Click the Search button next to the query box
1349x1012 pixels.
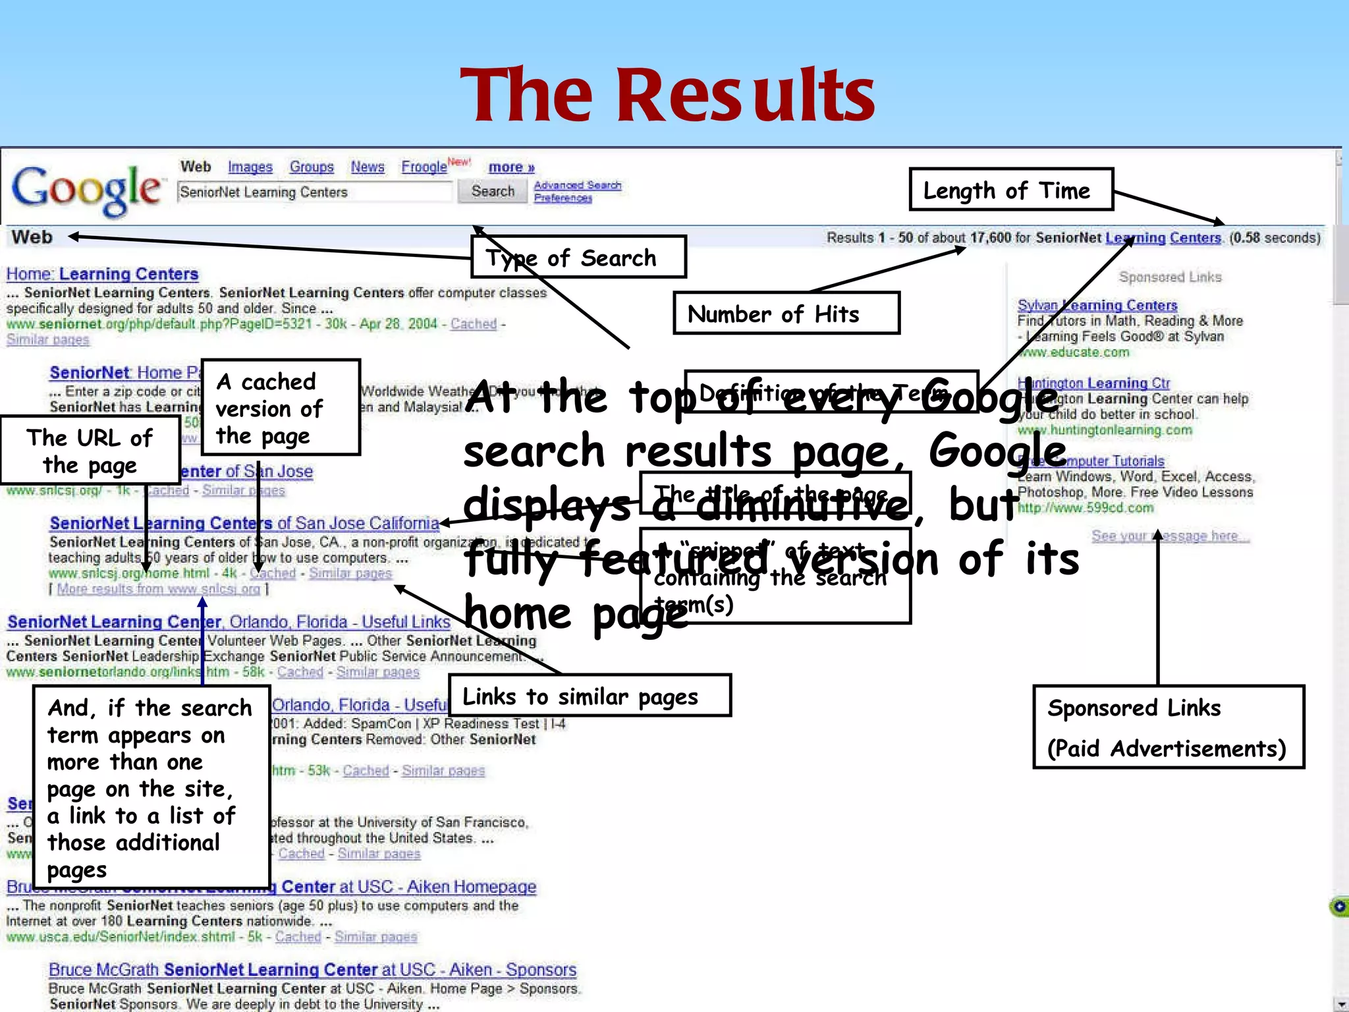(493, 191)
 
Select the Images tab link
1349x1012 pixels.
(250, 167)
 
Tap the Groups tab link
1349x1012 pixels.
(312, 167)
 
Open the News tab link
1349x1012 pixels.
(368, 167)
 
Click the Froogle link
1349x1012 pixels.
(424, 167)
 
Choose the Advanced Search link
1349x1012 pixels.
(578, 185)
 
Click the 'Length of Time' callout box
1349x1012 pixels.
(1010, 190)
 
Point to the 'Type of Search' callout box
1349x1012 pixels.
(578, 257)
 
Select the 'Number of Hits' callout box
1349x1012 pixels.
(786, 314)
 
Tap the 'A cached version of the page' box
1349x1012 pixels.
(281, 408)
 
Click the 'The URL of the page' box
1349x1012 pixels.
(90, 451)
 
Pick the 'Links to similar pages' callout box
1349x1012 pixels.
(590, 696)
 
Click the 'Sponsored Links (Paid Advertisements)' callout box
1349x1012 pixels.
(1168, 727)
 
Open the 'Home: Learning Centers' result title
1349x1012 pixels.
(102, 274)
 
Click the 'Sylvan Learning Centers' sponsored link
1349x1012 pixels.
(1097, 305)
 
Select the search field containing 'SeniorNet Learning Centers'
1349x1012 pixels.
(315, 192)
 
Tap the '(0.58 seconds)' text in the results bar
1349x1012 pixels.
(1275, 238)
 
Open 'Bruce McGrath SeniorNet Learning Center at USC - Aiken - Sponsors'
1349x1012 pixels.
(312, 970)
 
